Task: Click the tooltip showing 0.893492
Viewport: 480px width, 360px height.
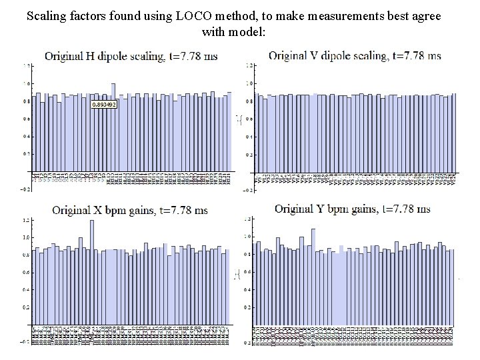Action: [x=103, y=105]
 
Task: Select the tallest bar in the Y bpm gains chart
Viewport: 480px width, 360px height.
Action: [x=313, y=280]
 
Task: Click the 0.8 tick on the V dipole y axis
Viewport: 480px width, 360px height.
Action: [x=249, y=101]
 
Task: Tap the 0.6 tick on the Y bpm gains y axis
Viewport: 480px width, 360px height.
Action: [x=247, y=272]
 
